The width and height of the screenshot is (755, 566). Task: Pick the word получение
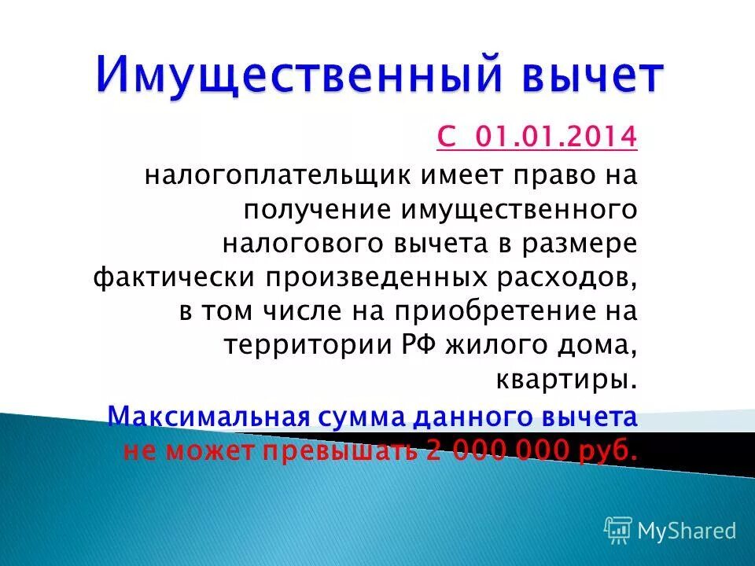(x=319, y=208)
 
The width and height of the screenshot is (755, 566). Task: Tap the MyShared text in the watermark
(x=687, y=531)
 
